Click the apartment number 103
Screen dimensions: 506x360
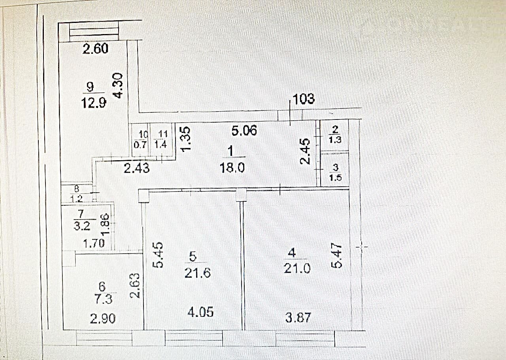point(303,99)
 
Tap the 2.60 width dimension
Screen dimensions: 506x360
point(95,49)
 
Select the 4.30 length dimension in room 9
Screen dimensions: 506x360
point(118,85)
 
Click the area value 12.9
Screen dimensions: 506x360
point(94,103)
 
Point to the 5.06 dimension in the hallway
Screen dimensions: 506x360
point(244,131)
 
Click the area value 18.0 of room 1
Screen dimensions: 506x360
point(232,168)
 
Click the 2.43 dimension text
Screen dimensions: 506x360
point(137,168)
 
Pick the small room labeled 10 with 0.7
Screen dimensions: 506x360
point(140,140)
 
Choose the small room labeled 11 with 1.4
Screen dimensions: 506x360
point(161,140)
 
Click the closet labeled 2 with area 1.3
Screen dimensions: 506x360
point(335,135)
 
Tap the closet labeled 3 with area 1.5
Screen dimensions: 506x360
point(335,169)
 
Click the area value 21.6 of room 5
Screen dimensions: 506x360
point(197,273)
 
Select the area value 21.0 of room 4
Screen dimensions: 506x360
point(297,269)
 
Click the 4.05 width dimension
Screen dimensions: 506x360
point(200,312)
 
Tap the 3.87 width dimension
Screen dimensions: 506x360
point(298,318)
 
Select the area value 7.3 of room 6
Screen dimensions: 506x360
point(104,299)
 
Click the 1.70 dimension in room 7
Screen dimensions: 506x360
point(94,243)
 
